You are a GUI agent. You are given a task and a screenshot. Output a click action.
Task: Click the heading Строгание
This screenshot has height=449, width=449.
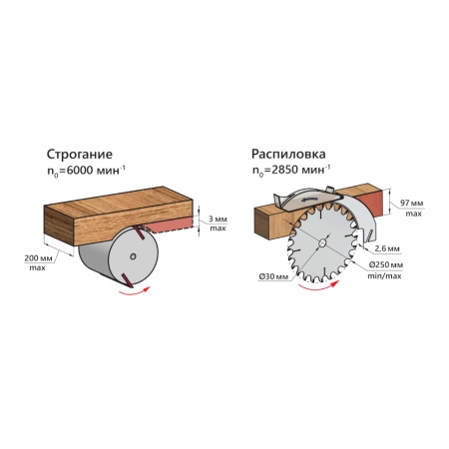click(x=80, y=155)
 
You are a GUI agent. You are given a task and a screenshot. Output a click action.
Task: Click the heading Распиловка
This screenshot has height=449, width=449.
click(x=288, y=155)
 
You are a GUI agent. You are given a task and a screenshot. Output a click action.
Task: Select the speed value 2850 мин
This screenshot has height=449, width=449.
click(x=298, y=170)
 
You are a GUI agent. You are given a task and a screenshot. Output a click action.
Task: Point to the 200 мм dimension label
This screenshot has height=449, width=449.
click(x=37, y=257)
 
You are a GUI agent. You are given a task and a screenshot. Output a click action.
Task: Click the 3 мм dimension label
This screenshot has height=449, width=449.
click(x=218, y=220)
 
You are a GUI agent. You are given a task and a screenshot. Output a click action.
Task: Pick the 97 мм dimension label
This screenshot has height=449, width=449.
click(x=411, y=203)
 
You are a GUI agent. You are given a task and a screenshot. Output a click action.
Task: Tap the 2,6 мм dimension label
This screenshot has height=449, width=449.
click(x=387, y=248)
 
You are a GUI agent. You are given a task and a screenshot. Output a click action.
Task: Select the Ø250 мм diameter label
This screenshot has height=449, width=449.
click(x=386, y=265)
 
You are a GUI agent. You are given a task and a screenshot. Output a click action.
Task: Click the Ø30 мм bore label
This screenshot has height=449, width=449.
click(x=273, y=276)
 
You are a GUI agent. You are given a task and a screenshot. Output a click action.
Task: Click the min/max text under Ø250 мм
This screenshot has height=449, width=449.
click(x=384, y=276)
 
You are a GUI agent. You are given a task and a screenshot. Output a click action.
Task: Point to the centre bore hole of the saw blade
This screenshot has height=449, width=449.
click(x=321, y=242)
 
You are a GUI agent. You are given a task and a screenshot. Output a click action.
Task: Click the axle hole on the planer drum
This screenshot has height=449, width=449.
click(x=133, y=256)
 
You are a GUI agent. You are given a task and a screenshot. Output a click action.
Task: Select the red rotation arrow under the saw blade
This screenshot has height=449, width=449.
click(x=319, y=286)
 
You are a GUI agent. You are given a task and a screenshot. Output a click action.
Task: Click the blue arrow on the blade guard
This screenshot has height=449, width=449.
click(x=308, y=200)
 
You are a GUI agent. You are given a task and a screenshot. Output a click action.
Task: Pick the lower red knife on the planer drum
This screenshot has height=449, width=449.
click(x=127, y=280)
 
